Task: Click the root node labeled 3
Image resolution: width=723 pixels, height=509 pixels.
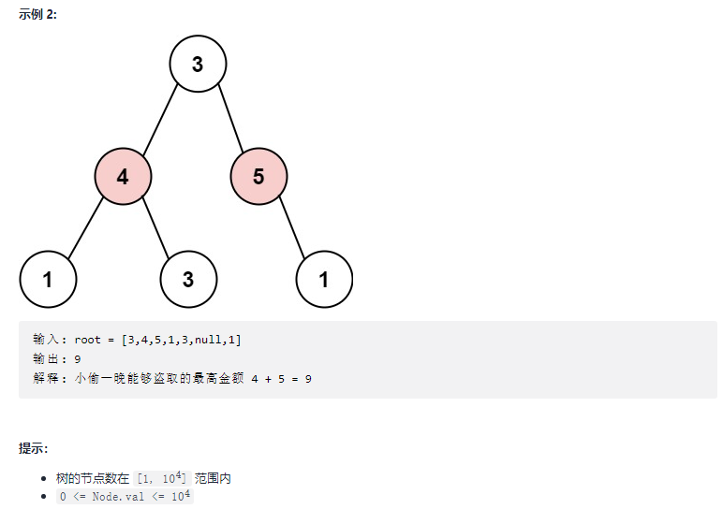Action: pos(198,64)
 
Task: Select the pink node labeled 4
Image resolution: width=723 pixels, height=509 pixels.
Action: pos(123,175)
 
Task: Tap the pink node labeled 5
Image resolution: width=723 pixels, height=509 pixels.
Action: pos(258,175)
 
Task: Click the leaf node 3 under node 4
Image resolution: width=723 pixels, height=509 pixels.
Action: pos(188,279)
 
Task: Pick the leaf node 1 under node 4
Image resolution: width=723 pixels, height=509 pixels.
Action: pos(47,279)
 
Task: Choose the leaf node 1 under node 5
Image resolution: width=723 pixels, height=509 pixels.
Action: pos(324,279)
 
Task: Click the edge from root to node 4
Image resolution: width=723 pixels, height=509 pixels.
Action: pos(161,118)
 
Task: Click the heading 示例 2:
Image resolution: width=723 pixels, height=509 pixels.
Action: pos(37,15)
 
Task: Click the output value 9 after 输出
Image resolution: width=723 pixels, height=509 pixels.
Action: pos(77,359)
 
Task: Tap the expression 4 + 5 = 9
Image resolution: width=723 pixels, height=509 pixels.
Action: pos(282,379)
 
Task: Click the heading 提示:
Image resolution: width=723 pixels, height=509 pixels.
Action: pos(34,448)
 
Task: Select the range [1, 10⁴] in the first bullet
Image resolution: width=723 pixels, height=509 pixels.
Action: pos(162,478)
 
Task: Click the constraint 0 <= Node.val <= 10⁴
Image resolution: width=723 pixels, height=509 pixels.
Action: pos(125,497)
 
